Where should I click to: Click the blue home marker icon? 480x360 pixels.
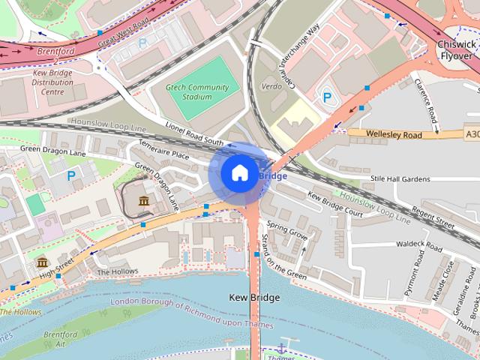(x=239, y=173)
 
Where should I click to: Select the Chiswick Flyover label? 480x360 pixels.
(x=455, y=50)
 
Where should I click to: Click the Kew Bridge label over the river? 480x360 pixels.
(x=253, y=298)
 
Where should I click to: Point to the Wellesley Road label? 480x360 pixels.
(x=394, y=133)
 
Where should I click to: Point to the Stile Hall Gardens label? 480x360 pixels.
(x=400, y=179)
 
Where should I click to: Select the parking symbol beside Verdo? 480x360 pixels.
(x=326, y=97)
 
